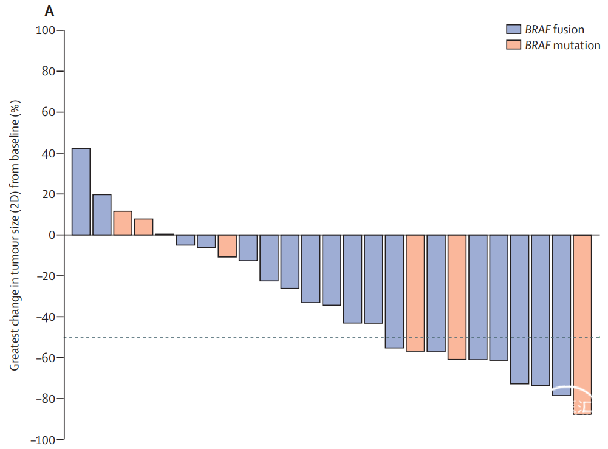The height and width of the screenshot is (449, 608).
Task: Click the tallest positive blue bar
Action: (x=81, y=191)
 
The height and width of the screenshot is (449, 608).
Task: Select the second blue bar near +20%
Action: (x=102, y=214)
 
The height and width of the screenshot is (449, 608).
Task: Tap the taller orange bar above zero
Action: (x=123, y=223)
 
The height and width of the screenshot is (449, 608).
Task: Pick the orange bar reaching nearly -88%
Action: (x=582, y=324)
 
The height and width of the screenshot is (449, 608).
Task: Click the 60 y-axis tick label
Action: (x=49, y=112)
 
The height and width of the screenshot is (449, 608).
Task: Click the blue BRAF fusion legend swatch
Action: (x=514, y=29)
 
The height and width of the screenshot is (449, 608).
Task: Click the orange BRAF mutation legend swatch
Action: (x=514, y=45)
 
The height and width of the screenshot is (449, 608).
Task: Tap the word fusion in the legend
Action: (x=569, y=29)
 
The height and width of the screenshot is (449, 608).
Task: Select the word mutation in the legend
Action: (x=577, y=45)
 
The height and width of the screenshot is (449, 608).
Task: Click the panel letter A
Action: (x=49, y=10)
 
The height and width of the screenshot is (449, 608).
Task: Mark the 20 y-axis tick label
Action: (x=49, y=194)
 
